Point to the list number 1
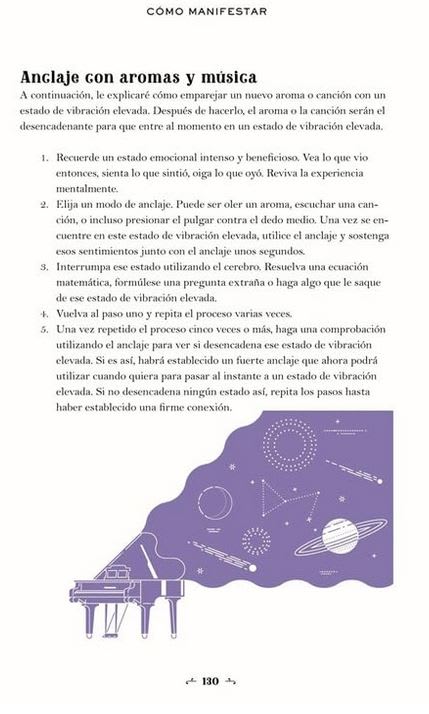pos(45,158)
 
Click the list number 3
pos(45,267)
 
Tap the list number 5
pos(45,328)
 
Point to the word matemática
pos(91,282)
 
